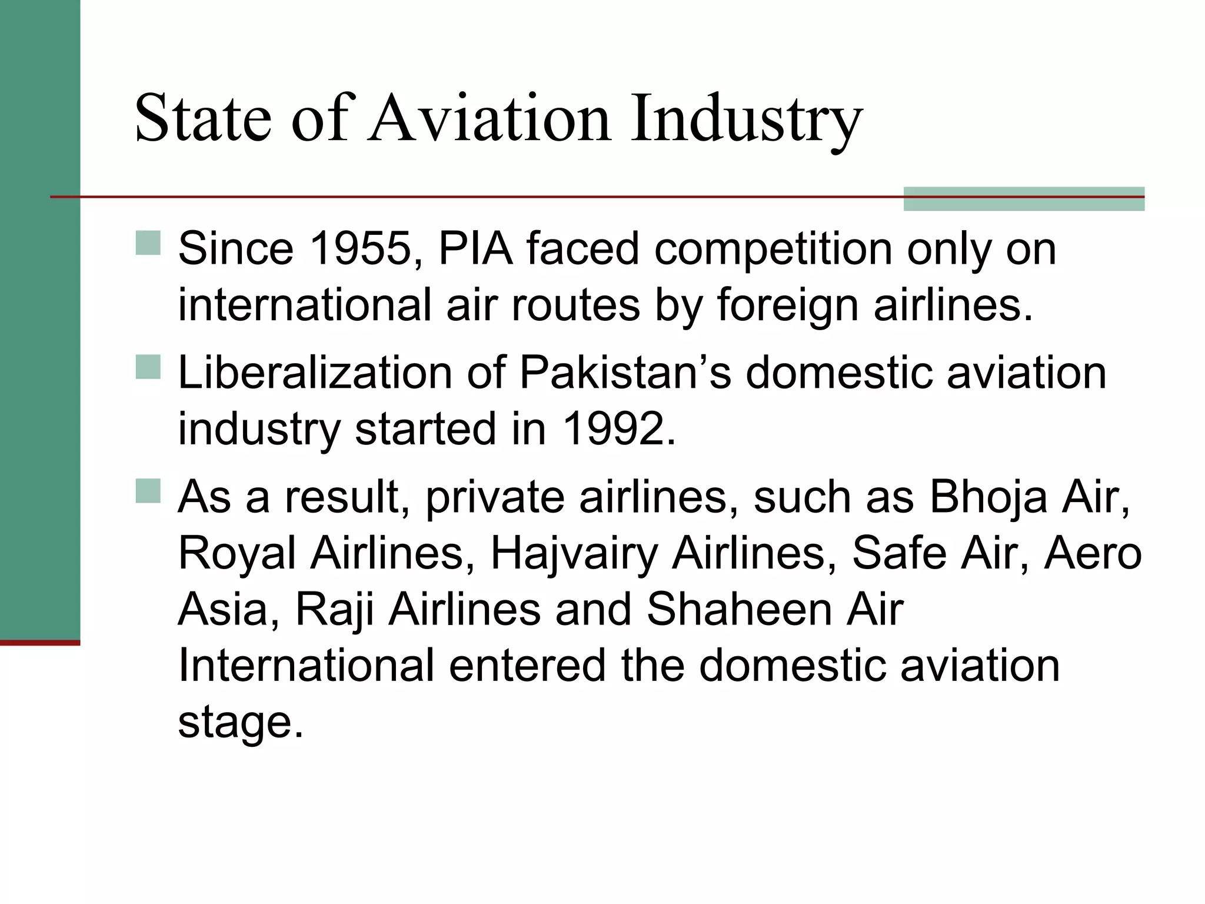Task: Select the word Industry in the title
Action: click(x=746, y=121)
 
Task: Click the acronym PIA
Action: click(x=475, y=249)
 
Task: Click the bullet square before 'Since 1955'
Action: click(x=148, y=242)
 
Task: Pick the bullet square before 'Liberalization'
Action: click(x=148, y=367)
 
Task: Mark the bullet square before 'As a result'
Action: click(x=148, y=491)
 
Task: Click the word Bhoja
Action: click(x=988, y=497)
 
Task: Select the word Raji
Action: click(x=334, y=610)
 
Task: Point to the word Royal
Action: click(x=237, y=554)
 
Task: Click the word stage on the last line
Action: click(x=240, y=723)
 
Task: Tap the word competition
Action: click(x=774, y=249)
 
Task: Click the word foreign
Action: click(x=787, y=305)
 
